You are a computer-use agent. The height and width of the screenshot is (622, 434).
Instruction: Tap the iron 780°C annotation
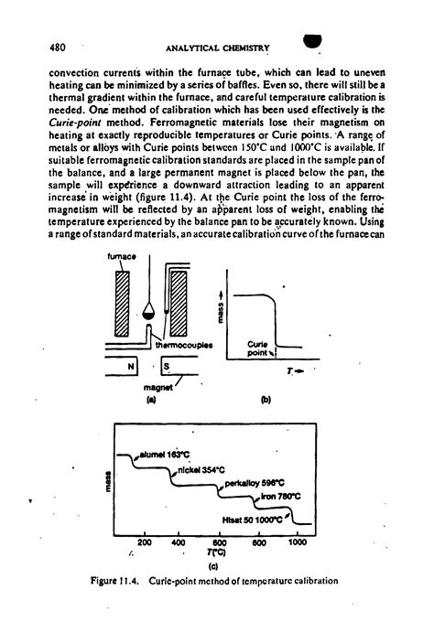click(x=276, y=499)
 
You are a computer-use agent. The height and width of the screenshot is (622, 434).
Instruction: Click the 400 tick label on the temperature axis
click(x=178, y=542)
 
